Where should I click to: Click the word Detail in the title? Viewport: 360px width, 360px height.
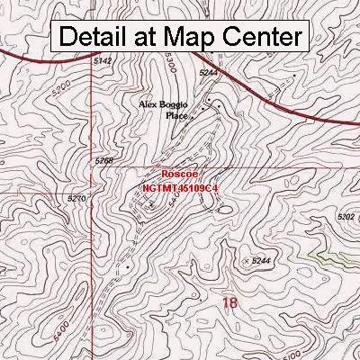pyautogui.click(x=99, y=37)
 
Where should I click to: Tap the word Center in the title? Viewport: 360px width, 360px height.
pyautogui.click(x=259, y=37)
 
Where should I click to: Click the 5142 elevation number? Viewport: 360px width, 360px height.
pyautogui.click(x=103, y=60)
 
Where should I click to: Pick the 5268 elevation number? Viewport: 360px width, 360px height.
pyautogui.click(x=104, y=160)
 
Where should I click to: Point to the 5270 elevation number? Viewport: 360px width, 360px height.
pyautogui.click(x=102, y=197)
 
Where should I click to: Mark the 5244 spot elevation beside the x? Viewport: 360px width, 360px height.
pyautogui.click(x=261, y=260)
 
